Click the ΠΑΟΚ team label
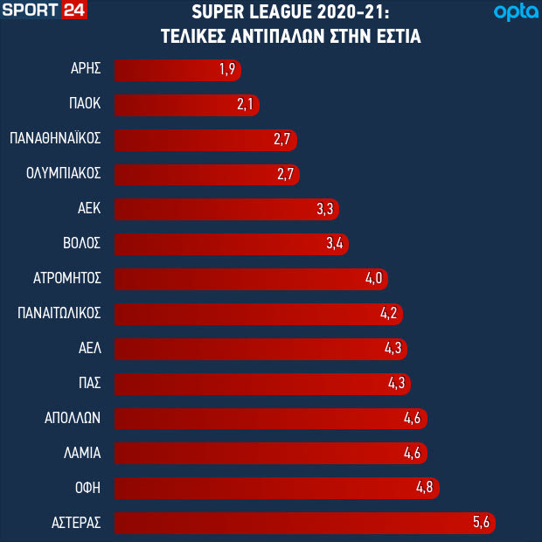[x=84, y=104]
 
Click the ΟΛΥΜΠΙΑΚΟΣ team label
[x=64, y=174]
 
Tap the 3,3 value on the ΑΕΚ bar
[x=324, y=209]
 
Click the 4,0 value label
[x=374, y=279]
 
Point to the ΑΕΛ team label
[x=90, y=348]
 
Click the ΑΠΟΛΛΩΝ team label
[x=74, y=418]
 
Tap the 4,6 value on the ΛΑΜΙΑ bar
[x=413, y=453]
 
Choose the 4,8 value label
[x=424, y=488]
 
